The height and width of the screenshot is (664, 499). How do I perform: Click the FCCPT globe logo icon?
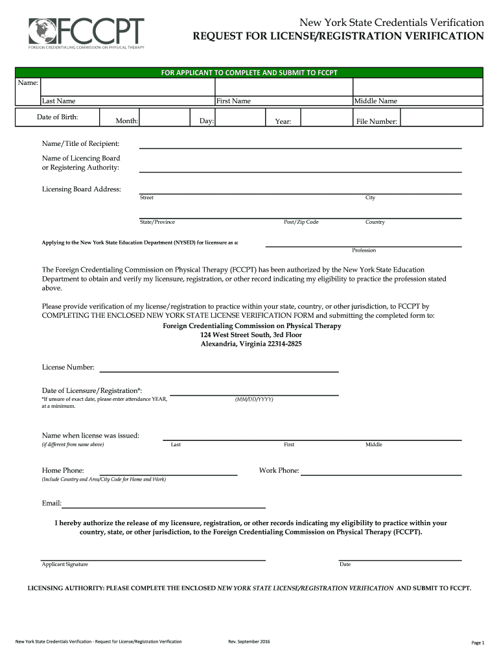pyautogui.click(x=40, y=30)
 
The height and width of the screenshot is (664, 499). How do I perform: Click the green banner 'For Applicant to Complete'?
pyautogui.click(x=250, y=73)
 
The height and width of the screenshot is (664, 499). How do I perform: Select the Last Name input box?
pyautogui.click(x=127, y=87)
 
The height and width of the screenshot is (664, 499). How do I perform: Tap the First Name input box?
pyautogui.click(x=283, y=87)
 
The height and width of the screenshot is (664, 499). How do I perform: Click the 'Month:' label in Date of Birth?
pyautogui.click(x=127, y=121)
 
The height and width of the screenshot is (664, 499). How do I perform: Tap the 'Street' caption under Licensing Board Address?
pyautogui.click(x=146, y=198)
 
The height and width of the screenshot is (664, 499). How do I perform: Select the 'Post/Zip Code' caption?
pyautogui.click(x=301, y=222)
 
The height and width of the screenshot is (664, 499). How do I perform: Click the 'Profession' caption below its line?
pyautogui.click(x=364, y=250)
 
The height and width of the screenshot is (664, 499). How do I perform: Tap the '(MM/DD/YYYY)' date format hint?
pyautogui.click(x=254, y=399)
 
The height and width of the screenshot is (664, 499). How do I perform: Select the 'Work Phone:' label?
pyautogui.click(x=279, y=470)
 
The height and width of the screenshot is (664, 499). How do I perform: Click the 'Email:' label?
pyautogui.click(x=52, y=503)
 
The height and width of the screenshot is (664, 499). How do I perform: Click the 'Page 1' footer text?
pyautogui.click(x=478, y=643)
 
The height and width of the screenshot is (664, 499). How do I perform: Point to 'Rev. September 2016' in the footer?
pyautogui.click(x=249, y=642)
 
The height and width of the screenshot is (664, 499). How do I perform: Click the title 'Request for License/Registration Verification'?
pyautogui.click(x=338, y=36)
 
